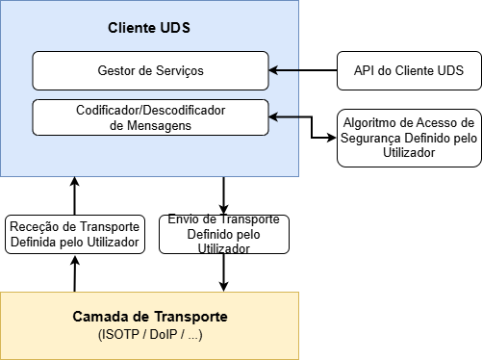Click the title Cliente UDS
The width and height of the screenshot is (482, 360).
[x=149, y=28]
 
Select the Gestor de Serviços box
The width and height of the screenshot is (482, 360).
[x=150, y=70]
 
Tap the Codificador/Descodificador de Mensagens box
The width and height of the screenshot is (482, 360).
[x=150, y=116]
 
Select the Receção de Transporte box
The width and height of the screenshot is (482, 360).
[x=75, y=234]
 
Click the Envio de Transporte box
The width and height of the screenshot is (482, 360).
[x=223, y=234]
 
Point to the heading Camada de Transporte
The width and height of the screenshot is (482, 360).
[x=150, y=317]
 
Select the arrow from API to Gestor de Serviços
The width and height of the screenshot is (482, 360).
[x=302, y=70]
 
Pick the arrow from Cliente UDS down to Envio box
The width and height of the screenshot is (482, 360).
[x=224, y=195]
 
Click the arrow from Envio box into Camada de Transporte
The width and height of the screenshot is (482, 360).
[x=224, y=272]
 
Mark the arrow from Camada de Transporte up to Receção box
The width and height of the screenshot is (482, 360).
[x=75, y=273]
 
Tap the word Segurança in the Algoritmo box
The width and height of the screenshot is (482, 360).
[x=377, y=138]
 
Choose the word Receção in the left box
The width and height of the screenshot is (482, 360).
[x=35, y=226]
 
